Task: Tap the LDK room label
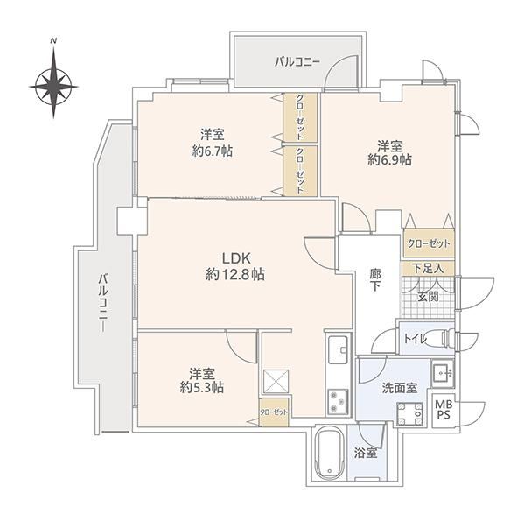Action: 237,258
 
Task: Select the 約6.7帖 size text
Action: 212,151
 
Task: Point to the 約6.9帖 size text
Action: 390,159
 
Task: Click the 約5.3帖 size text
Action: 202,387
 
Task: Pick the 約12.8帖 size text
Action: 235,274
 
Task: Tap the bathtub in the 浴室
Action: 330,454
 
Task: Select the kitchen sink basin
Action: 338,350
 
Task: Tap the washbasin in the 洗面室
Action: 443,373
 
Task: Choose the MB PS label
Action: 444,409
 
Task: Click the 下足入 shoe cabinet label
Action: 428,269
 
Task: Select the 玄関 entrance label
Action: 428,297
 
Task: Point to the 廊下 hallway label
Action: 374,280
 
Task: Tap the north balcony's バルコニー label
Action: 297,62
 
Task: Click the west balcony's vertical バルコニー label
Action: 103,302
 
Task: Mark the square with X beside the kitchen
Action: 276,382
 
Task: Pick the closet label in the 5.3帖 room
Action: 274,412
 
